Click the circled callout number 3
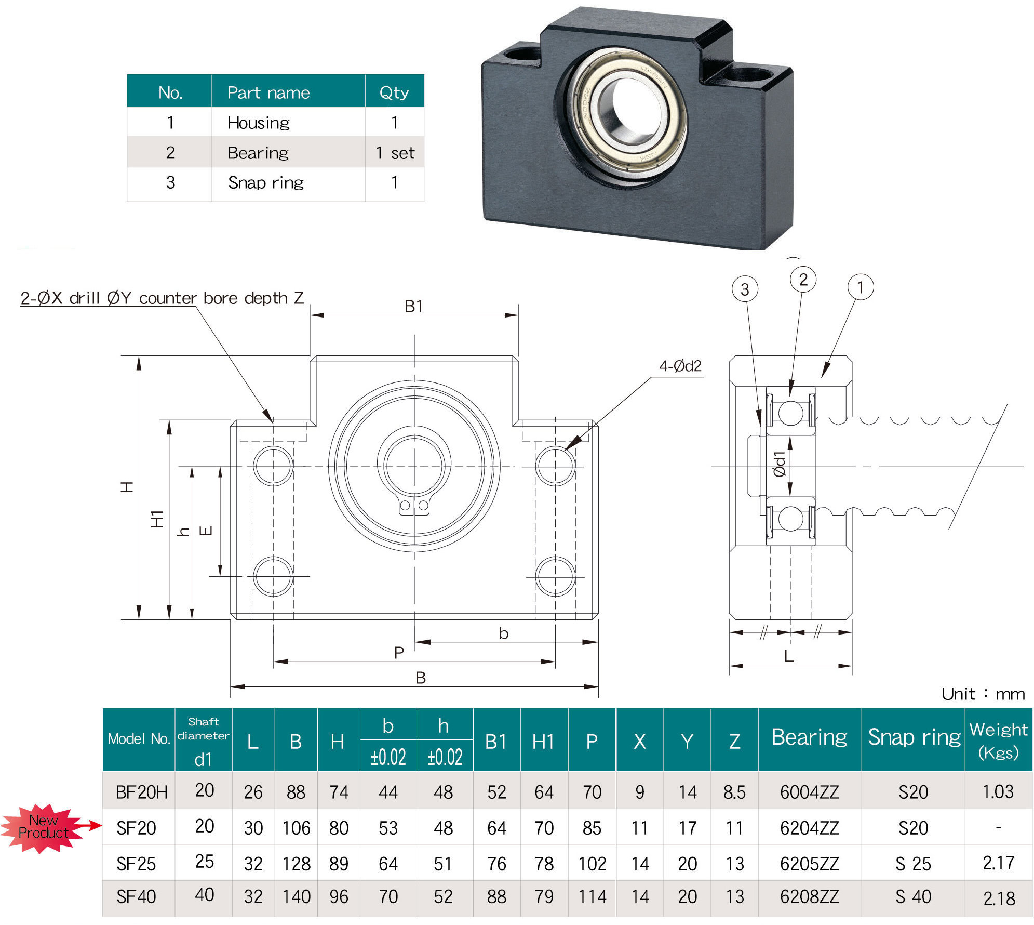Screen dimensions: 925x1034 pyautogui.click(x=744, y=289)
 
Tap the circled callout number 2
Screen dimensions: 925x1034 pyautogui.click(x=803, y=280)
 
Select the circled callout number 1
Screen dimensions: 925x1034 pyautogui.click(x=860, y=287)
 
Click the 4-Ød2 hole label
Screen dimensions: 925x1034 pyautogui.click(x=680, y=366)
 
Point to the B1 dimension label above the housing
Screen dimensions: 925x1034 pyautogui.click(x=413, y=306)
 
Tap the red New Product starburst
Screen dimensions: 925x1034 pyautogui.click(x=43, y=827)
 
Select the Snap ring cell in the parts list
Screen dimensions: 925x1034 pyautogui.click(x=265, y=182)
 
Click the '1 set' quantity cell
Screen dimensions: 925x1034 pyautogui.click(x=395, y=153)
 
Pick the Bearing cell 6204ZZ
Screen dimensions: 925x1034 pyautogui.click(x=809, y=827)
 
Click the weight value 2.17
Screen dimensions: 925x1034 pyautogui.click(x=998, y=863)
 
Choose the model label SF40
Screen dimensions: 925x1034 pyautogui.click(x=136, y=896)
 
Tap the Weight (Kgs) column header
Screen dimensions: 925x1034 pyautogui.click(x=998, y=740)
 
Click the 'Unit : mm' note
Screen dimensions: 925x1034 pyautogui.click(x=983, y=694)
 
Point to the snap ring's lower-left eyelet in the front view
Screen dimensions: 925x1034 pyautogui.click(x=405, y=505)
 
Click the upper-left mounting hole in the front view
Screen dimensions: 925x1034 pyautogui.click(x=273, y=465)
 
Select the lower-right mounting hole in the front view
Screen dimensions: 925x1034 pyautogui.click(x=555, y=576)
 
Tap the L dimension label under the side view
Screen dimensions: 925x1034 pyautogui.click(x=789, y=656)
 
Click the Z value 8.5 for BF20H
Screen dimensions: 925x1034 pyautogui.click(x=734, y=792)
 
